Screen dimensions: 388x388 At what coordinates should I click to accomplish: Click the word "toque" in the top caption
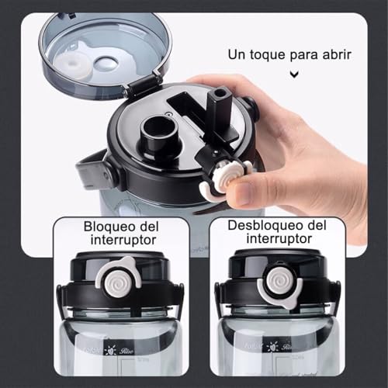(268, 56)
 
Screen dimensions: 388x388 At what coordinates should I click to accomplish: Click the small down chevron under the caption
(293, 75)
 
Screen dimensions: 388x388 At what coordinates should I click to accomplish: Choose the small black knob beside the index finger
(250, 105)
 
